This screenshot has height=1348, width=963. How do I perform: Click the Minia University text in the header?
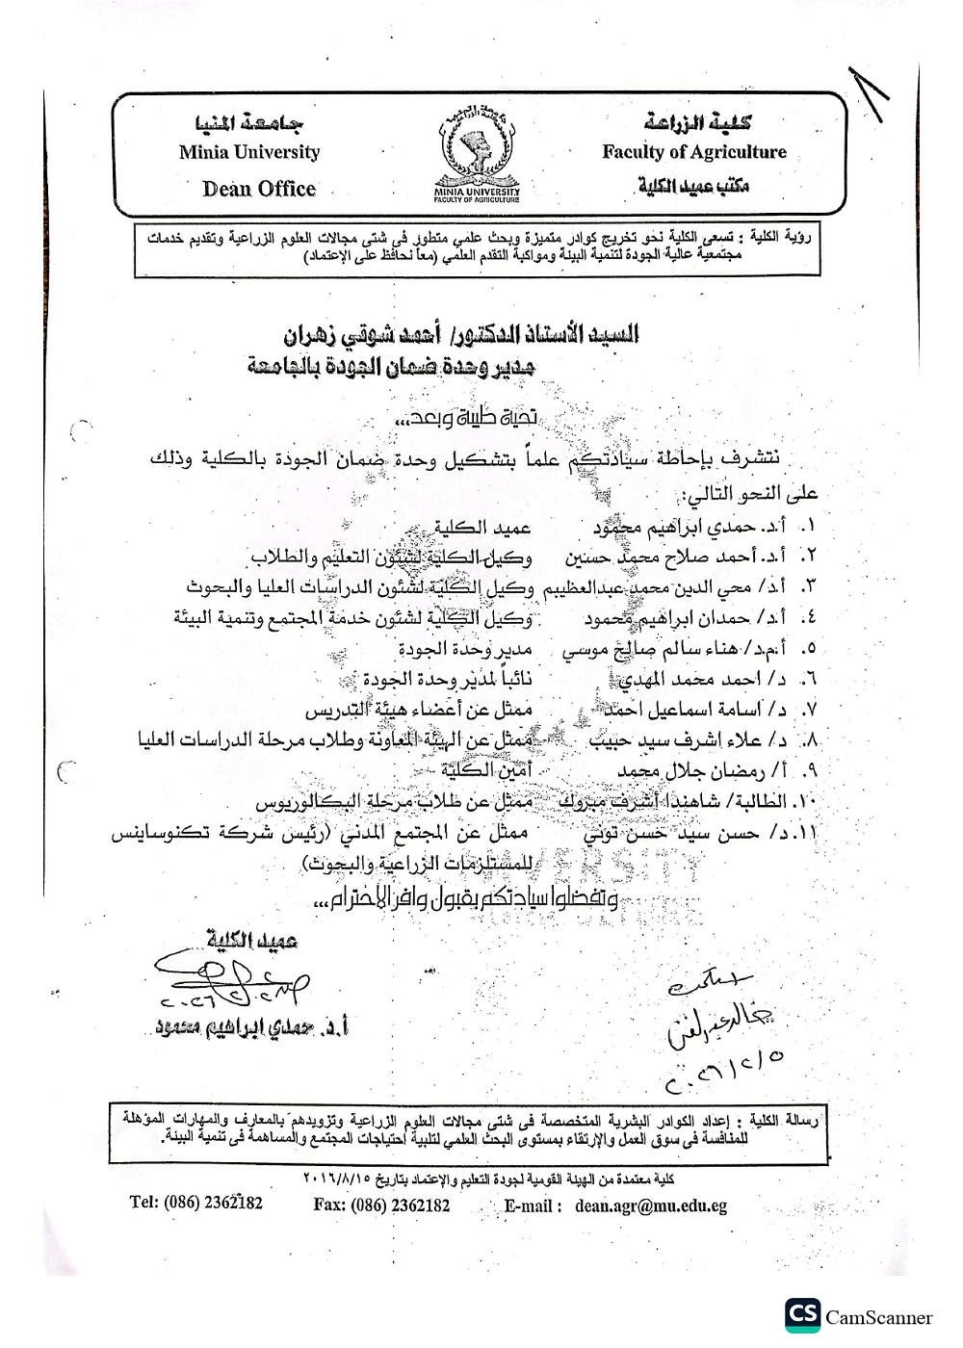248,152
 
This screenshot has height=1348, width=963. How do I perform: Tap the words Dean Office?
259,189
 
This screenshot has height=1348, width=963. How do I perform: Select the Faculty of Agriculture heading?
694,152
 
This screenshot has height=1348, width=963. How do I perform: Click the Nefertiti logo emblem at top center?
477,155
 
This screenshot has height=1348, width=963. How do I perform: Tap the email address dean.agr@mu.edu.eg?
651,1205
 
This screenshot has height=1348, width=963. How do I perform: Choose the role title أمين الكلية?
486,770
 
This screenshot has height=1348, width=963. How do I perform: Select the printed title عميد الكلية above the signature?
252,940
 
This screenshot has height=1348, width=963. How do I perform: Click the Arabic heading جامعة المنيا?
249,123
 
